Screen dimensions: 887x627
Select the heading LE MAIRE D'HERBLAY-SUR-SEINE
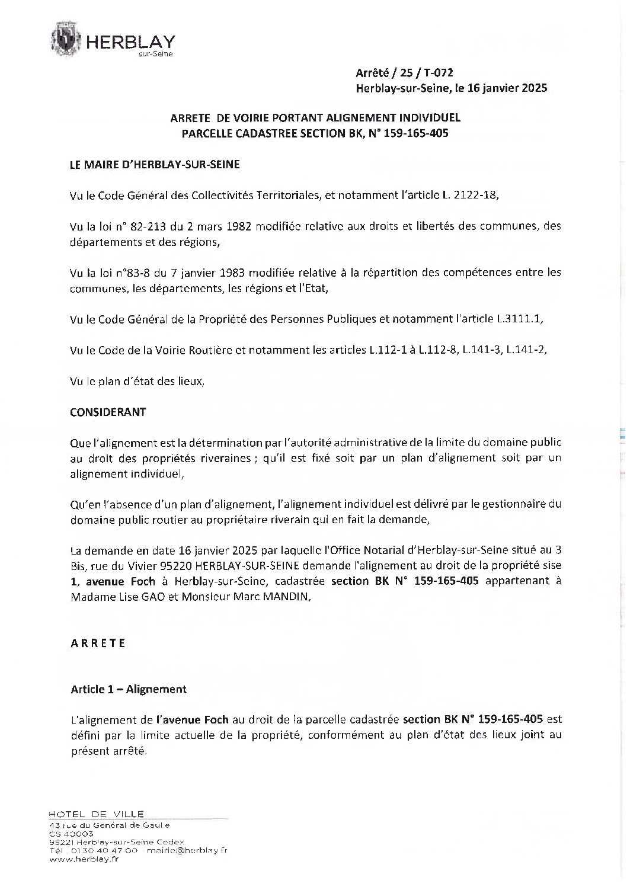coord(155,165)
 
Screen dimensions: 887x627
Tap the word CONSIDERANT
coord(108,412)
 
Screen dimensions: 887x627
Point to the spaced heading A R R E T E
coord(98,643)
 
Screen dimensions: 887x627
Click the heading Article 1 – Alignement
coord(129,689)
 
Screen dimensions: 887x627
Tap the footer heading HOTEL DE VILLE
coord(97,814)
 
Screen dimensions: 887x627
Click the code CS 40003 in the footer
coord(68,833)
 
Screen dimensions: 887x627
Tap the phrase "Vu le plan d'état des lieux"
coord(137,382)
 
